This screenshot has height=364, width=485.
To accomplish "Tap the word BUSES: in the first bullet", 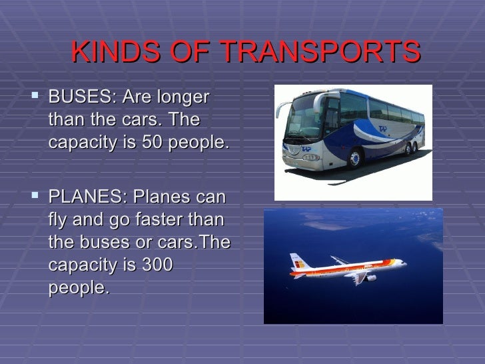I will click(80, 98).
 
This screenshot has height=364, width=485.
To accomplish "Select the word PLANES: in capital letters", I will click(86, 198).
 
